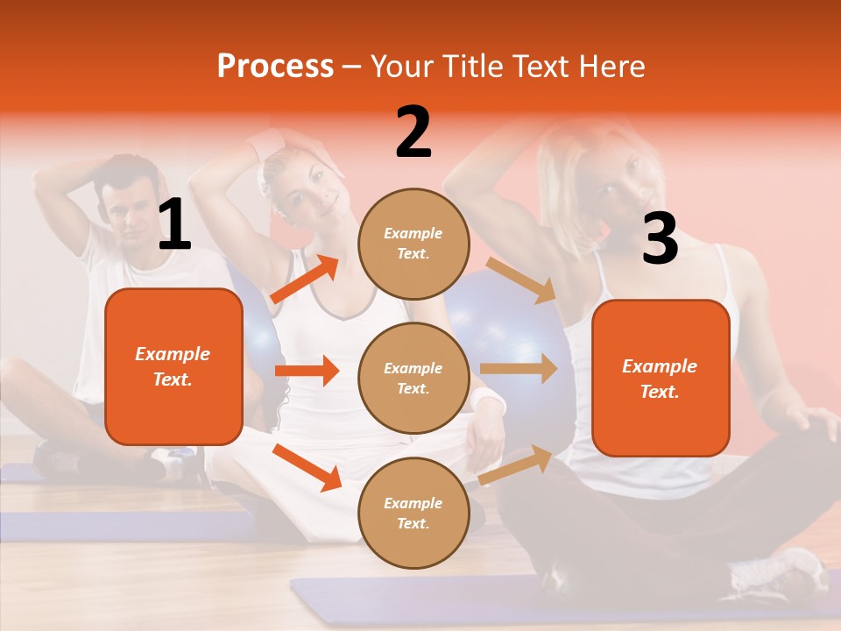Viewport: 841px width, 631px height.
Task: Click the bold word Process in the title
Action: coord(275,67)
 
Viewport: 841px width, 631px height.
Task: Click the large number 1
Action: coord(174,226)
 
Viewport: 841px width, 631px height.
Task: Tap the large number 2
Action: coord(413,133)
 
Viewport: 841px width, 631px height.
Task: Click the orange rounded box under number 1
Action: coord(173,366)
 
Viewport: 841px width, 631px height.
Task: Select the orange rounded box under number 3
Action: coord(661,378)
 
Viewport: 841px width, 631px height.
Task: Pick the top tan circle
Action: coord(413,244)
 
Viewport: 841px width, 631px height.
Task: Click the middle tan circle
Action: coord(413,378)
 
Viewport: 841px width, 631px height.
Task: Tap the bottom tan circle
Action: coord(413,513)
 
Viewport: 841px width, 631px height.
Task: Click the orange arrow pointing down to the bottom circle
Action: coord(307,467)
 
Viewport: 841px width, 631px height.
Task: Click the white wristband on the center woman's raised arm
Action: coord(268,143)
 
